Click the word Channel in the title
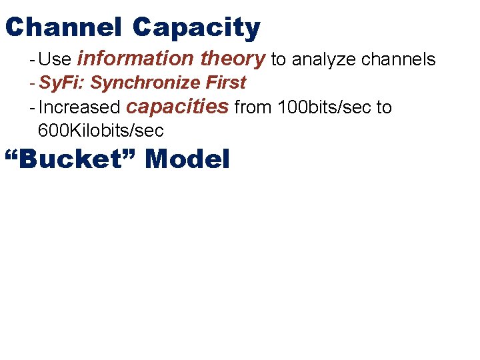pyautogui.click(x=63, y=27)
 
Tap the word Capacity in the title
pyautogui.click(x=196, y=27)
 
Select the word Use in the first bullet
pyautogui.click(x=55, y=59)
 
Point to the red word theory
pyautogui.click(x=233, y=59)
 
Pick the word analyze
pyautogui.click(x=325, y=60)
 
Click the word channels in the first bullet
pyautogui.click(x=399, y=59)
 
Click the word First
pyautogui.click(x=227, y=83)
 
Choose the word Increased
pyautogui.click(x=79, y=107)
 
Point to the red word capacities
pyautogui.click(x=177, y=107)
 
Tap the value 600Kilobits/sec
pyautogui.click(x=101, y=130)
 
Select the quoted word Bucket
pyautogui.click(x=70, y=159)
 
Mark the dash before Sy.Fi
pyautogui.click(x=33, y=83)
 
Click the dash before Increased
pyautogui.click(x=33, y=107)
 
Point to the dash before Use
pyautogui.click(x=33, y=59)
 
